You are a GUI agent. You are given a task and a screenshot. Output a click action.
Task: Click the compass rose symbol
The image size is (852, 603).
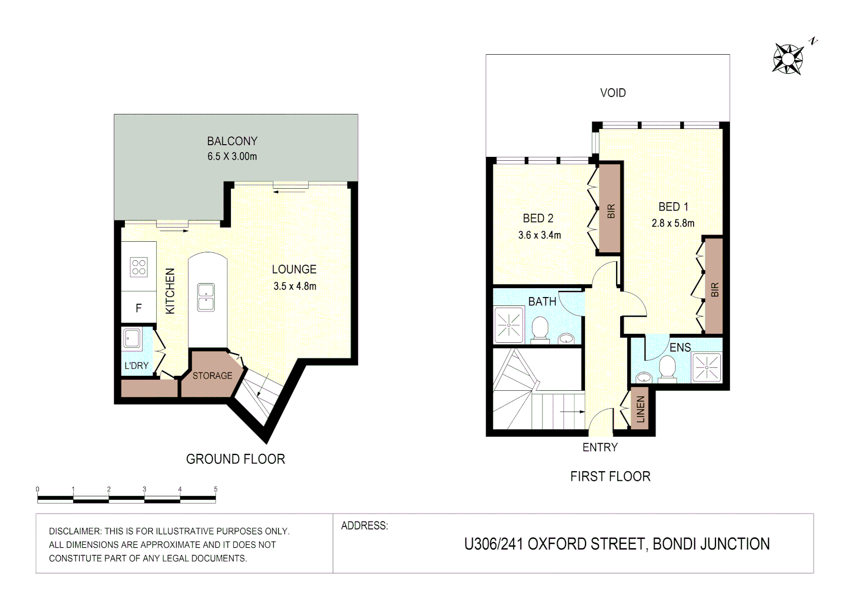point(788,59)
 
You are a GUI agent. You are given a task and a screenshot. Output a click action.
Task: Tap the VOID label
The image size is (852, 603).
point(613,93)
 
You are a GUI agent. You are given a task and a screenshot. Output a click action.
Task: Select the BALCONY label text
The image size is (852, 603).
point(232,141)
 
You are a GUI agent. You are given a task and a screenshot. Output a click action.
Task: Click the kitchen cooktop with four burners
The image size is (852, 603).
point(139,267)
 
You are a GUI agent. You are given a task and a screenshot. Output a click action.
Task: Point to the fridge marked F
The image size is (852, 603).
point(138,308)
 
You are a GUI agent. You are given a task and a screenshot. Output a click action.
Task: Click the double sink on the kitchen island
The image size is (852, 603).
point(206,297)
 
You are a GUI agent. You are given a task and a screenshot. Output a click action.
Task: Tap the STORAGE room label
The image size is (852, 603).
point(212,376)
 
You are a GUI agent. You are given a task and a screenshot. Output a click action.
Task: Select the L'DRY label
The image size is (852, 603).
point(136,366)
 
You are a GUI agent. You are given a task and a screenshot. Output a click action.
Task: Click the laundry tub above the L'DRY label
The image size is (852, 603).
point(132,338)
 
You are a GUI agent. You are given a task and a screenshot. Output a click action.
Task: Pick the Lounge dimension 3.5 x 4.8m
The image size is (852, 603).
point(294,286)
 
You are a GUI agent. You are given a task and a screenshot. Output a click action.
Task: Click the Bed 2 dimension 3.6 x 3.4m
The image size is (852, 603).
point(539,235)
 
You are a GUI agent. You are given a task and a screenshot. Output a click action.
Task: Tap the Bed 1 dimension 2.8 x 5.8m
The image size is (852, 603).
point(673,223)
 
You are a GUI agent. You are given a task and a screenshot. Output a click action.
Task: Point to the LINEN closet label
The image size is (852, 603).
point(640,409)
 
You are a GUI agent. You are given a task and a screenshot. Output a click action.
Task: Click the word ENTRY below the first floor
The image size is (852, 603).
point(600,447)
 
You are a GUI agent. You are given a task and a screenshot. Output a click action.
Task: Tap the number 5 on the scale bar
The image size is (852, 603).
point(215,489)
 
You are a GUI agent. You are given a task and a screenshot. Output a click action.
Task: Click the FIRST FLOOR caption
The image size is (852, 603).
point(610,476)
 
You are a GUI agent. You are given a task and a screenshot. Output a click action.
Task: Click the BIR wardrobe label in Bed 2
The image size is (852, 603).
point(611,211)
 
